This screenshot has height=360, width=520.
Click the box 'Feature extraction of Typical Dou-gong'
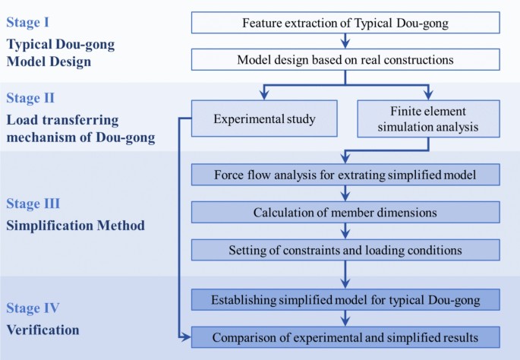[345, 22]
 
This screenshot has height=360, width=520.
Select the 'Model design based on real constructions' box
[345, 59]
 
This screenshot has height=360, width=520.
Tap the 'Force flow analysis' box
[345, 175]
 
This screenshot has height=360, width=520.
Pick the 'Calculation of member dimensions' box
[345, 212]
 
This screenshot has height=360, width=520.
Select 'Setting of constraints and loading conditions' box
[345, 249]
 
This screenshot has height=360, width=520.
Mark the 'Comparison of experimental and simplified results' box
[345, 336]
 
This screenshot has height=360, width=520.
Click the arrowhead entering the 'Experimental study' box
[263, 96]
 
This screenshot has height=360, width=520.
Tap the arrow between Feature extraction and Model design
[345, 41]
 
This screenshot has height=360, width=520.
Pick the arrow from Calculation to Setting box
[345, 231]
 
